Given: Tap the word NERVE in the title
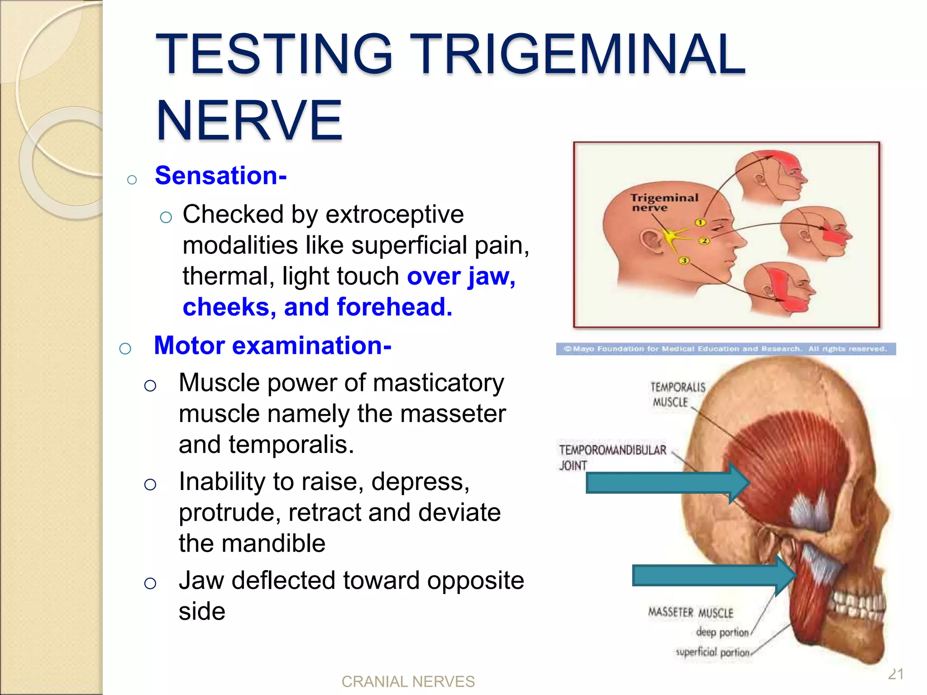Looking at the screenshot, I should click(249, 121).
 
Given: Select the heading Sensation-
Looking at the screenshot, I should click(220, 175).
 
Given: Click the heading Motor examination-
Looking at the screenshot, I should click(272, 345).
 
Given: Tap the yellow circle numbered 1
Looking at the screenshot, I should click(700, 222).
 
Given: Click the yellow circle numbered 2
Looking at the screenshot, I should click(704, 241).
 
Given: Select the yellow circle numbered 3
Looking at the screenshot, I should click(684, 260).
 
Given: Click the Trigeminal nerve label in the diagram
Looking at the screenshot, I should click(664, 202).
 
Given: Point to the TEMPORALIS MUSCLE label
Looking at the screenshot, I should click(677, 395).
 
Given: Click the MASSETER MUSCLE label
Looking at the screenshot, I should click(690, 613).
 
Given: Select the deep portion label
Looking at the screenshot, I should click(722, 632).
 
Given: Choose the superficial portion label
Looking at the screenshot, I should click(712, 652).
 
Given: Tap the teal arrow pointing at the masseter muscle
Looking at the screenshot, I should click(713, 576).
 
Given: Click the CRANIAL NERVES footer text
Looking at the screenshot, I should click(408, 681).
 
